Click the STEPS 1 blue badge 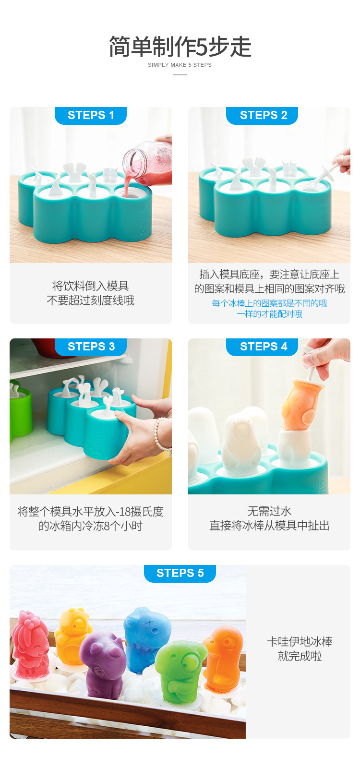pyautogui.click(x=91, y=115)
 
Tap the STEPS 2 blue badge pyautogui.click(x=262, y=115)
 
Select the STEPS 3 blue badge pyautogui.click(x=91, y=347)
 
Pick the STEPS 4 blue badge pyautogui.click(x=262, y=347)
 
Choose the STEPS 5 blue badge pyautogui.click(x=180, y=573)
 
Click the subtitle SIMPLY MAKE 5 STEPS pyautogui.click(x=180, y=65)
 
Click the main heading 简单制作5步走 pyautogui.click(x=180, y=47)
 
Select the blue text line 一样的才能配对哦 pyautogui.click(x=269, y=314)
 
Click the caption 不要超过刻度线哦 pyautogui.click(x=91, y=300)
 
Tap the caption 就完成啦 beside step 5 pyautogui.click(x=300, y=656)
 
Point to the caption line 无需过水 pyautogui.click(x=269, y=511)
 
